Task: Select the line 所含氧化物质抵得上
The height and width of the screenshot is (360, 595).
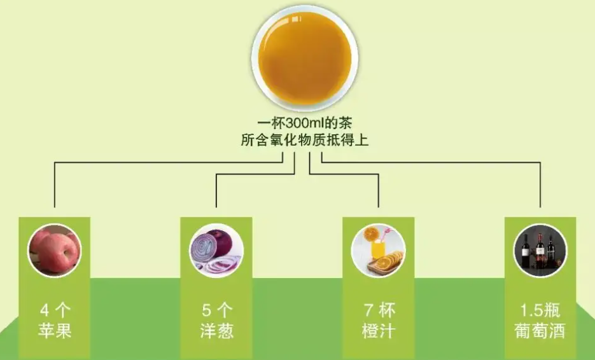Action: click(x=297, y=140)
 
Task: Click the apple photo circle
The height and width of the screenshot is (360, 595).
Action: click(x=54, y=251)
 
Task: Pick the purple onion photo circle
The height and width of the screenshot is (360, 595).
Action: click(x=216, y=251)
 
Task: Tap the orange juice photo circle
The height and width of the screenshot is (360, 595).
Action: click(x=378, y=251)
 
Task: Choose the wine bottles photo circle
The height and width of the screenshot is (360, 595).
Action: click(x=540, y=251)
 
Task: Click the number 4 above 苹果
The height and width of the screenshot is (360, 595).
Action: click(x=44, y=311)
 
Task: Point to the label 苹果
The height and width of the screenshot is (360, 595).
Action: click(x=54, y=331)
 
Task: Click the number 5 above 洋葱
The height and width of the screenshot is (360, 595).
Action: click(x=206, y=311)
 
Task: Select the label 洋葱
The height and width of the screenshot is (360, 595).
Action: click(x=216, y=331)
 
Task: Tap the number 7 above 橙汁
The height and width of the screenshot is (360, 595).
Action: click(x=368, y=311)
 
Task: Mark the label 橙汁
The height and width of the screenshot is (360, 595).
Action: click(x=378, y=331)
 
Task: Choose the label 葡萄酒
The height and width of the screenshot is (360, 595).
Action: click(x=540, y=331)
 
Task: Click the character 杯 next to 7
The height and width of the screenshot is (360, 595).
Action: click(x=388, y=311)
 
